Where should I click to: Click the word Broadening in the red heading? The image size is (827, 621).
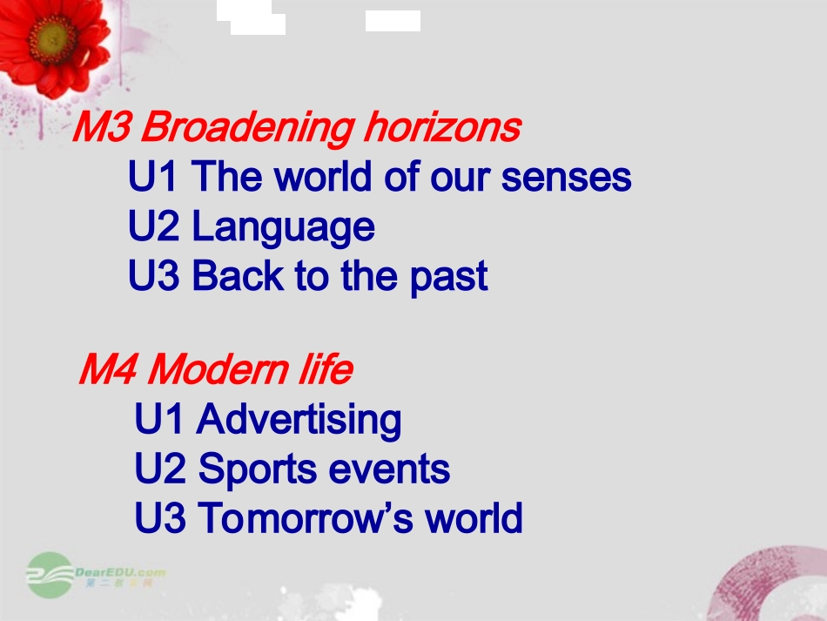pyautogui.click(x=247, y=129)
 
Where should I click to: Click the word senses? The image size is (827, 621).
pyautogui.click(x=566, y=178)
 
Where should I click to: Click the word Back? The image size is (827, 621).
pyautogui.click(x=239, y=275)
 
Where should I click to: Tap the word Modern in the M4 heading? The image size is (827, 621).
pyautogui.click(x=218, y=368)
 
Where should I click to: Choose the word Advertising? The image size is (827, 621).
pyautogui.click(x=299, y=420)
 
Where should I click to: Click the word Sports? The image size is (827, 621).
pyautogui.click(x=259, y=469)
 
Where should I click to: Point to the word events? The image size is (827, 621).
pyautogui.click(x=389, y=469)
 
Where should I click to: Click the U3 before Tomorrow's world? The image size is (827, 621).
pyautogui.click(x=160, y=517)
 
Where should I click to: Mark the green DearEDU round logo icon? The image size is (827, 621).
pyautogui.click(x=50, y=575)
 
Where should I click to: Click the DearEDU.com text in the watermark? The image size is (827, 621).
pyautogui.click(x=120, y=572)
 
